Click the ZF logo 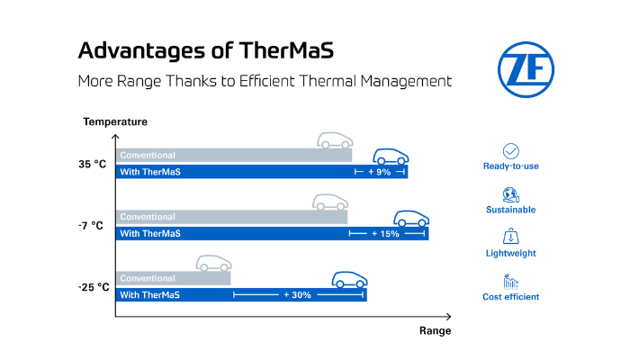pos(526,69)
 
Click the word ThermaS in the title pos(286,50)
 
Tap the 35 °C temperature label pos(93,164)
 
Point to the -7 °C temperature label pos(91,225)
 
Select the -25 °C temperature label pos(94,287)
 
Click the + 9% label pos(379,172)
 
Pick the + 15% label pos(385,233)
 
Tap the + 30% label pos(297,295)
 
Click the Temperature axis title pos(115,121)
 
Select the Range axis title pos(435,330)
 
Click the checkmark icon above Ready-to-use pos(510,151)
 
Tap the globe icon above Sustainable pos(510,195)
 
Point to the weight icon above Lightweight pos(510,237)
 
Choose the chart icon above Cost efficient pos(510,282)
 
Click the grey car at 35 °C pos(335,140)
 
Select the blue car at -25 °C pos(349,280)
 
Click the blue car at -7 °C pos(411,218)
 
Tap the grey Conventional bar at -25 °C pos(174,278)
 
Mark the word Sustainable pos(510,210)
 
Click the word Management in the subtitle pos(406,81)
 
